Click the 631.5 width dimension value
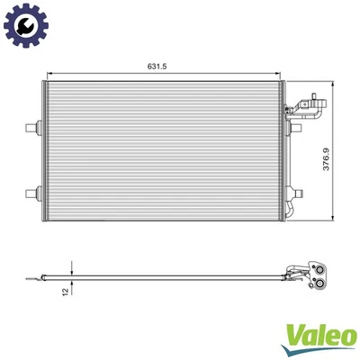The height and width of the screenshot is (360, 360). pyautogui.click(x=161, y=65)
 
